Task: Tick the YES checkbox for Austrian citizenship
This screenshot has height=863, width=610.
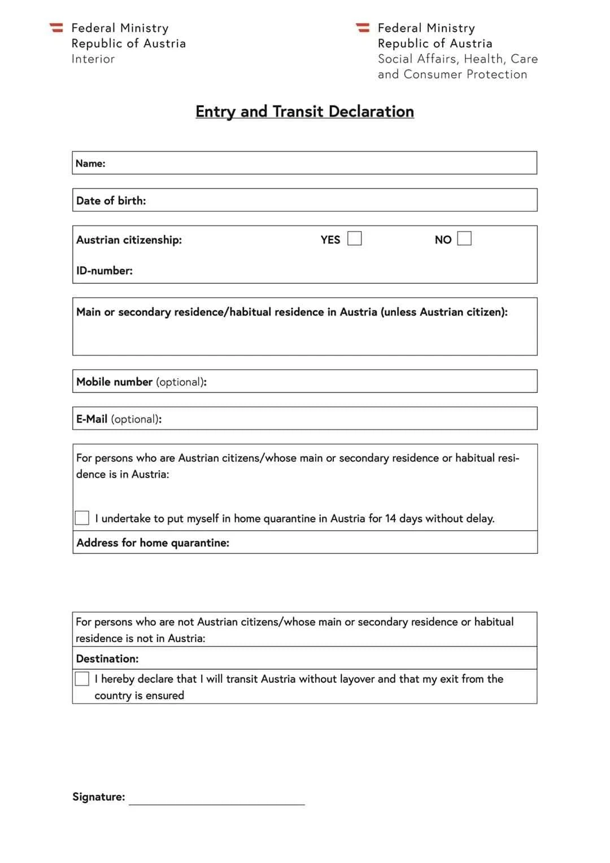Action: [x=354, y=238]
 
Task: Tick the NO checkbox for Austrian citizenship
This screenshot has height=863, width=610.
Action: [x=464, y=238]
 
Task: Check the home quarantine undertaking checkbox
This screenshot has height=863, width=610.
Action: [x=82, y=518]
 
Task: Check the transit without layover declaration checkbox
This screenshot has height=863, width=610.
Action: [x=82, y=679]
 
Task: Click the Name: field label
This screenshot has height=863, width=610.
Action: [x=90, y=163]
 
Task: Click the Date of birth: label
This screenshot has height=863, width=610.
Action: [x=111, y=201]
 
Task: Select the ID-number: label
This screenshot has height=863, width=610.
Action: [x=104, y=271]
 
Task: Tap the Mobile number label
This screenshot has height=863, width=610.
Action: [x=114, y=382]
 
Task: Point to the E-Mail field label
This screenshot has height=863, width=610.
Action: [x=91, y=419]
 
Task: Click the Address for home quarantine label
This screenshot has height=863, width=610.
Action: [x=152, y=543]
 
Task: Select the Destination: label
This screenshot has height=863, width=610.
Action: [x=107, y=659]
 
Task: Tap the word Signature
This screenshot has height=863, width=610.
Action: [x=98, y=797]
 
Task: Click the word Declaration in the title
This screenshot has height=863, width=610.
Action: [x=371, y=111]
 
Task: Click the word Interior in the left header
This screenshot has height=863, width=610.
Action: [x=93, y=59]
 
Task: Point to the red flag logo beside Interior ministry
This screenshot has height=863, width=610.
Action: [x=56, y=27]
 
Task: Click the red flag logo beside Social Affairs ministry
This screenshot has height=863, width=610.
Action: [x=362, y=27]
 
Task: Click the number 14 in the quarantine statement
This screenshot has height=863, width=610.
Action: [x=390, y=518]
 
